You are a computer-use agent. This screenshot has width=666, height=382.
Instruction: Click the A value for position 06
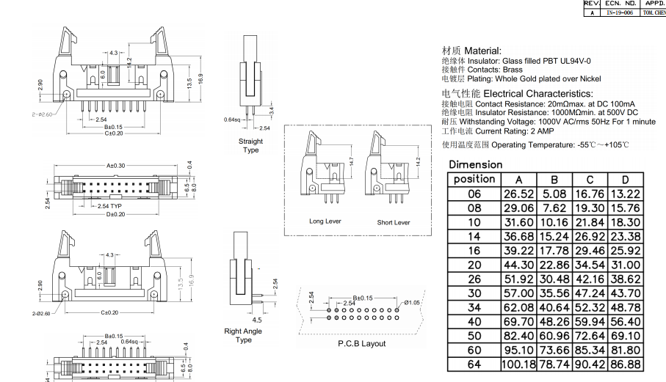tap(518, 194)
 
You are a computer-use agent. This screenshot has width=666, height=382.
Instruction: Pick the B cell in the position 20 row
tap(554, 265)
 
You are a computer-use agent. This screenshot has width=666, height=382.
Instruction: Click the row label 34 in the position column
tap(474, 307)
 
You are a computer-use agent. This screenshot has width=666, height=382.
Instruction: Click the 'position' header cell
tap(474, 179)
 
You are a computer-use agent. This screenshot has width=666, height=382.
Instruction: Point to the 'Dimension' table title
tap(476, 164)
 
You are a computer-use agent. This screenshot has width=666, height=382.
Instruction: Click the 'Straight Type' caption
tap(250, 145)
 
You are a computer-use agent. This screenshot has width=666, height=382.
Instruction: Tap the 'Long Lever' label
tap(325, 221)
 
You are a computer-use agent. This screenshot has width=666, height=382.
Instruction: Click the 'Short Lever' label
tap(394, 222)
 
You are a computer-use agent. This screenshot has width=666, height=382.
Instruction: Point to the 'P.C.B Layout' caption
tap(361, 343)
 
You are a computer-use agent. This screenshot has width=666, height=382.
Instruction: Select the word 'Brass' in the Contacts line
tap(513, 70)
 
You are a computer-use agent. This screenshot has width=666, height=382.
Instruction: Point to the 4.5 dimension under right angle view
tap(258, 320)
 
